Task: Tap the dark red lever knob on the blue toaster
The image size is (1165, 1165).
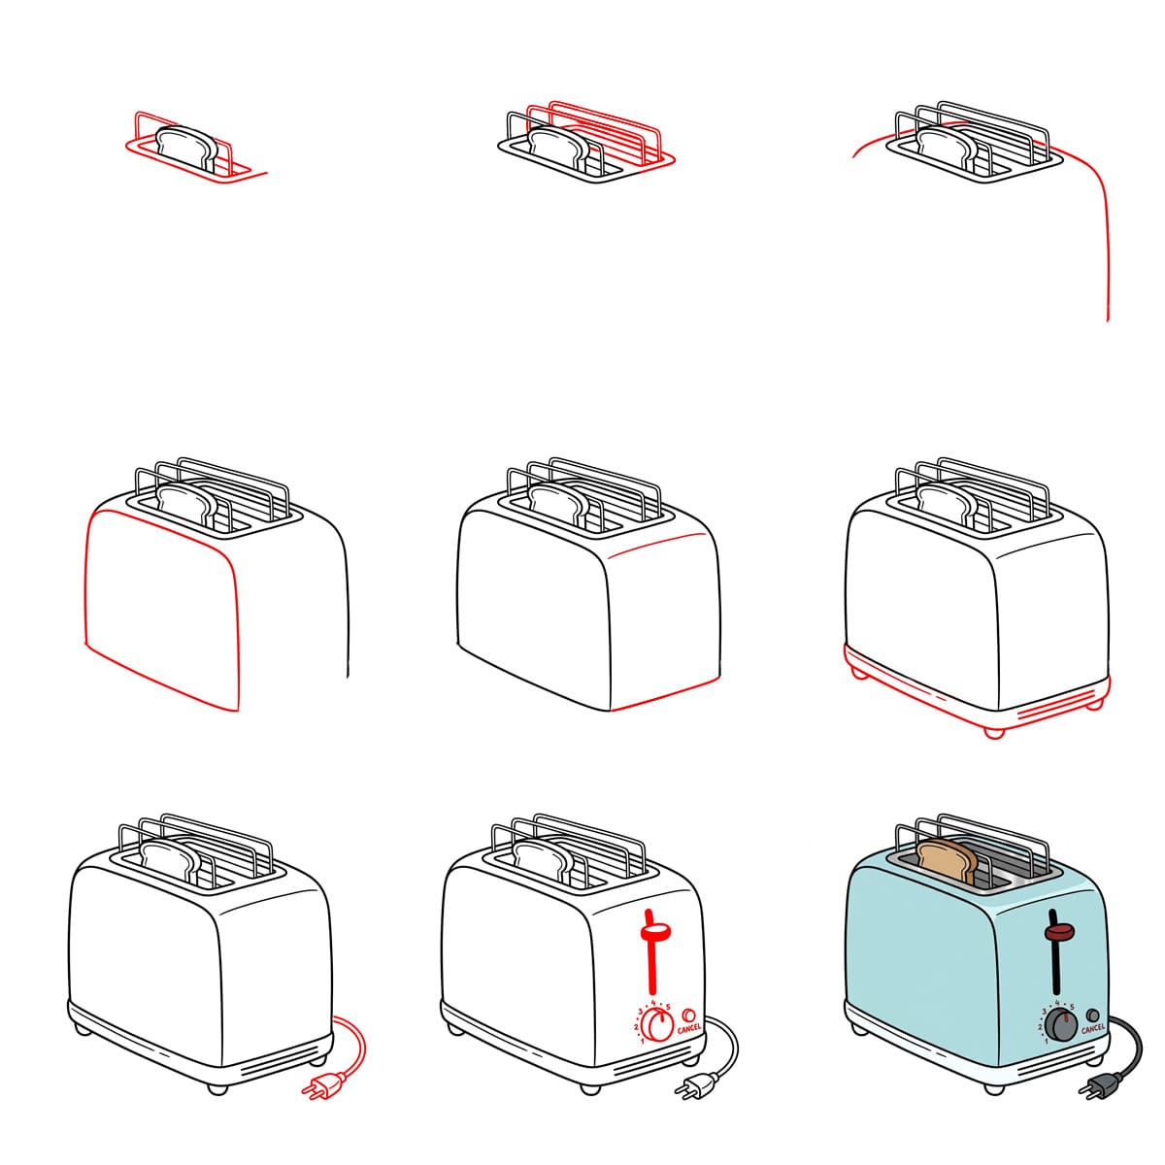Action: tap(1057, 933)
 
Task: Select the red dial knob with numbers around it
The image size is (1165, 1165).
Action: tap(659, 1025)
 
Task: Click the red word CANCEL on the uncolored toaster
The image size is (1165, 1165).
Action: tap(689, 1028)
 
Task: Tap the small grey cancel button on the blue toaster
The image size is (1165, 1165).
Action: tap(1093, 1014)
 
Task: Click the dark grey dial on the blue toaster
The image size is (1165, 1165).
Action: tap(1062, 1025)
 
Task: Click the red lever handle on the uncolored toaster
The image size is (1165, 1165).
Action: tap(654, 933)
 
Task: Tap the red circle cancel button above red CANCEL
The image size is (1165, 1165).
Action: tap(689, 1014)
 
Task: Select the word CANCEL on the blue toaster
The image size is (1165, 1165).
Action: tap(1092, 1028)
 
